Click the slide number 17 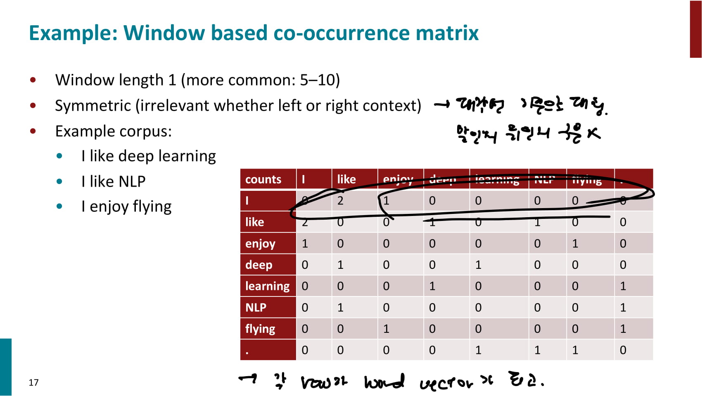pos(33,382)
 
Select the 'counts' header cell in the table pos(263,179)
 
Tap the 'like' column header pos(346,179)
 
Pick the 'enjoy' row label pos(260,244)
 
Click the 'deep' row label pos(259,265)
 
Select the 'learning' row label pos(267,286)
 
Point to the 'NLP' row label pos(256,308)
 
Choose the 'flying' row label pos(260,329)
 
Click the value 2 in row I pos(340,201)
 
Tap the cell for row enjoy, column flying pos(575,244)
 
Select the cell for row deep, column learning pos(478,265)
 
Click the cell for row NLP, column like pos(340,308)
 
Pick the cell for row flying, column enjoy pos(386,329)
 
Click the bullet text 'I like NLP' pos(114,181)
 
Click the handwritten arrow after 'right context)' pos(442,105)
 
